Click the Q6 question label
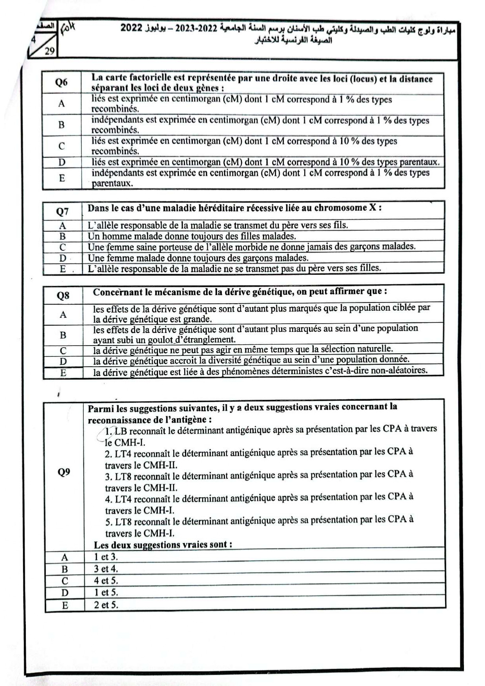[61, 82]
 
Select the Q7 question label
[62, 211]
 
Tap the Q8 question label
[63, 296]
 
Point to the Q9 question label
[64, 472]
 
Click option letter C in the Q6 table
[61, 146]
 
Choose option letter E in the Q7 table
[63, 269]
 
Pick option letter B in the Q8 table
[63, 335]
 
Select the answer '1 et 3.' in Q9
[106, 557]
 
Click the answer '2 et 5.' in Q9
[106, 605]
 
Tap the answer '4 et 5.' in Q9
[106, 580]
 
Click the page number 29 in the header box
[49, 51]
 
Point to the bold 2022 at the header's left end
[131, 28]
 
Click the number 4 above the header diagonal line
[34, 39]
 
